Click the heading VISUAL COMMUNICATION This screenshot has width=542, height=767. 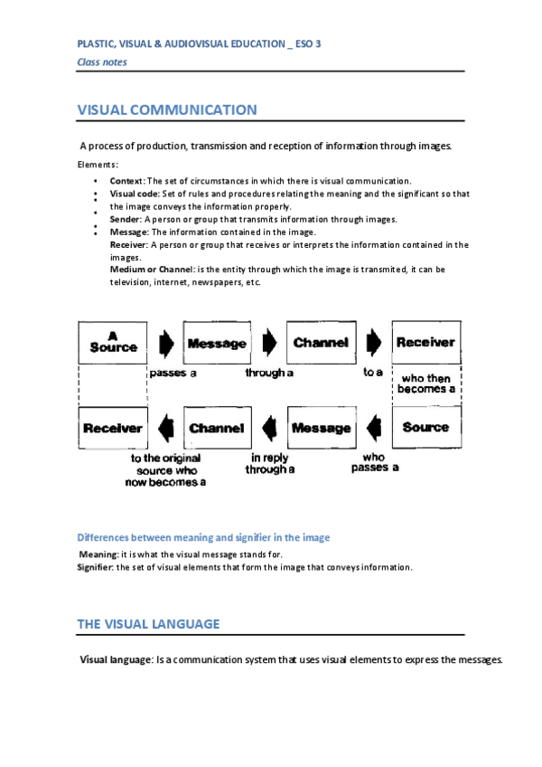click(167, 110)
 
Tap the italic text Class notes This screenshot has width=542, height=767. click(102, 62)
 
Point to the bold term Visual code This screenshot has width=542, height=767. click(135, 194)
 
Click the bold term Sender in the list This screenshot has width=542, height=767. click(125, 219)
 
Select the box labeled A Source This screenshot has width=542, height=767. click(113, 342)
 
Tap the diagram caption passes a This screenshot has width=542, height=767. click(173, 373)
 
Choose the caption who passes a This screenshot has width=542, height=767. click(374, 463)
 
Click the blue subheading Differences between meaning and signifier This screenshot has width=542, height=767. click(203, 537)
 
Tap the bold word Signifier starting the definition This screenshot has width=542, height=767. click(95, 567)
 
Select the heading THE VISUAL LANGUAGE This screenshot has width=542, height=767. click(148, 624)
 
